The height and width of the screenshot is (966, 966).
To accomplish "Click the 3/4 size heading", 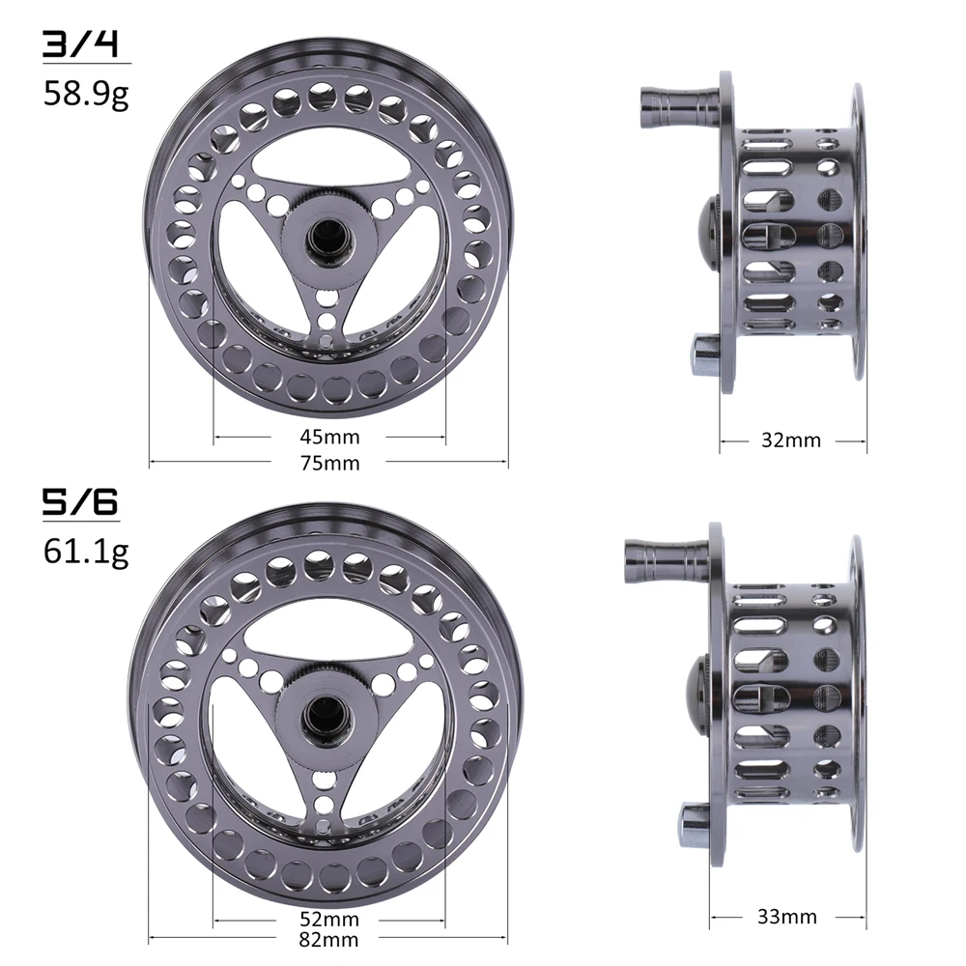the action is (79, 44).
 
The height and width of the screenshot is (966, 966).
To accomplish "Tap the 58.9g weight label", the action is (86, 95).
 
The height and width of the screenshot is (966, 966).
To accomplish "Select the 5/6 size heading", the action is (79, 502).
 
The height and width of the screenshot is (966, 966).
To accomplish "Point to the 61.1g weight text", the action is (86, 552).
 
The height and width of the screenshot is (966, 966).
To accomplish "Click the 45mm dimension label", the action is (329, 437).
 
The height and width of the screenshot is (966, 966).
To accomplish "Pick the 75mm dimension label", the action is (329, 463).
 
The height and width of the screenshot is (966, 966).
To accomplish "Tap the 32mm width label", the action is (791, 440).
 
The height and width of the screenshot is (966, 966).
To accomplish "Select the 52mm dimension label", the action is (329, 920).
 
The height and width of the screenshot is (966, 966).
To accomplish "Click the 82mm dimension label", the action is (329, 940).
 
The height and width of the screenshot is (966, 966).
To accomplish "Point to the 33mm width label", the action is (786, 917).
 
